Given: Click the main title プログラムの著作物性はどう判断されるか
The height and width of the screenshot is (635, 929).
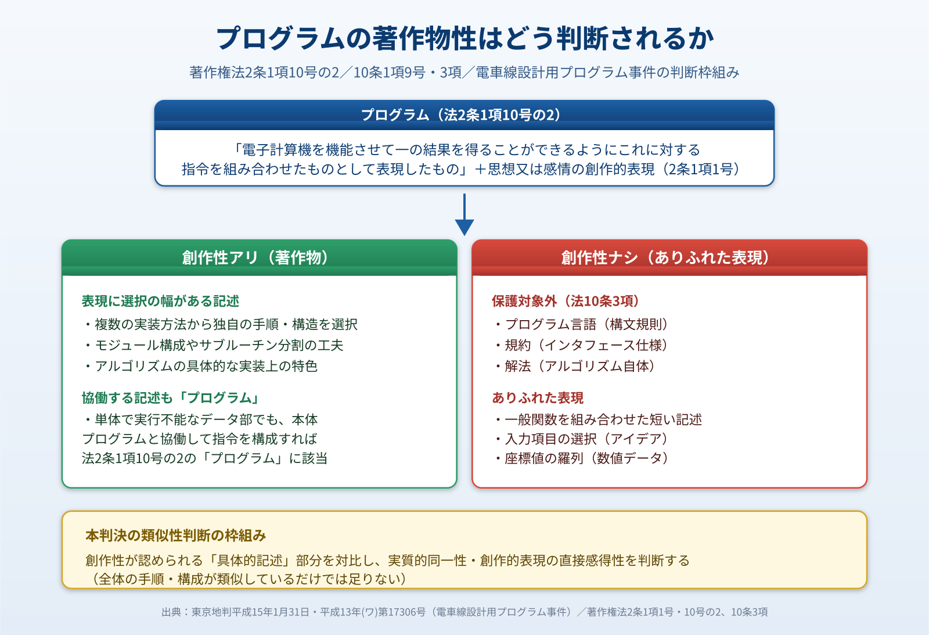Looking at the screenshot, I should coord(464,38).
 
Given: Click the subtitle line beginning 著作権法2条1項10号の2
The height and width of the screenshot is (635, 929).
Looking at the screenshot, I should coord(464,72).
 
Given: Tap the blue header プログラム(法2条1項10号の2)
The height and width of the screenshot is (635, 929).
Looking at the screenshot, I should coord(464,114).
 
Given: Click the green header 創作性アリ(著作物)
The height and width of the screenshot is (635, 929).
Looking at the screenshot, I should coord(259,257).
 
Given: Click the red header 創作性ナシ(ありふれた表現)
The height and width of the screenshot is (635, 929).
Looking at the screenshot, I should coord(669,257).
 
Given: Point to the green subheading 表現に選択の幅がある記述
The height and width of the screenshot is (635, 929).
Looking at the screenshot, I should coord(160,301).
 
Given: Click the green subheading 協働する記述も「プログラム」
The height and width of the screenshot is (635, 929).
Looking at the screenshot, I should coord(171,398).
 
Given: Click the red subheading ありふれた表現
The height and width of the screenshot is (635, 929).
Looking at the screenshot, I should coord(538,398).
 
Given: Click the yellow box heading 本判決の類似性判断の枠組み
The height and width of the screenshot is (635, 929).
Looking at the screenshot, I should coord(175,535).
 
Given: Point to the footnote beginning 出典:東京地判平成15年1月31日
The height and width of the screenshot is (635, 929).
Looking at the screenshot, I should coord(464,612).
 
